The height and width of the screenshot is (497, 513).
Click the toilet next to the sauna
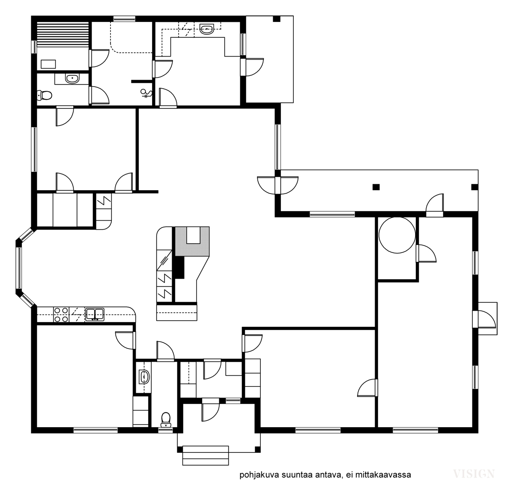pos(45,95)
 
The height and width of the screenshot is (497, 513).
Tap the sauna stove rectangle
pos(48,64)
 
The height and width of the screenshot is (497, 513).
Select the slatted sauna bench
pos(63,34)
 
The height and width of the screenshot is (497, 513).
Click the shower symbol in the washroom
pos(146,94)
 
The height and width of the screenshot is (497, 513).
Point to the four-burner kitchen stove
pos(61,314)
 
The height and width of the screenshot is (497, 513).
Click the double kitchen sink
pos(95,314)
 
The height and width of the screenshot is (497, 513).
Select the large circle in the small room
pos(397,235)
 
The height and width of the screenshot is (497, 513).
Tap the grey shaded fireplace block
pos(192,241)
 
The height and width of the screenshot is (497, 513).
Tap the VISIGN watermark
pos(474,473)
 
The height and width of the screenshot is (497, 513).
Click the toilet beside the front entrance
pos(166,420)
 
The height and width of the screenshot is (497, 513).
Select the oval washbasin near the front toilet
pos(144,377)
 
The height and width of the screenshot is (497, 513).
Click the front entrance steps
pos(206,455)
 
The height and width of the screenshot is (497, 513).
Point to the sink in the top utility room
pos(206,30)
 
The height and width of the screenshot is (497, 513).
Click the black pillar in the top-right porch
pos(277,19)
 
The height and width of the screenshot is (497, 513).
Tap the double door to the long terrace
pos(278,186)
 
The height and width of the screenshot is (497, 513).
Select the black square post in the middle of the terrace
pos(376,187)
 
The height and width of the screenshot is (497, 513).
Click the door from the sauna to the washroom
pos(99,59)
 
